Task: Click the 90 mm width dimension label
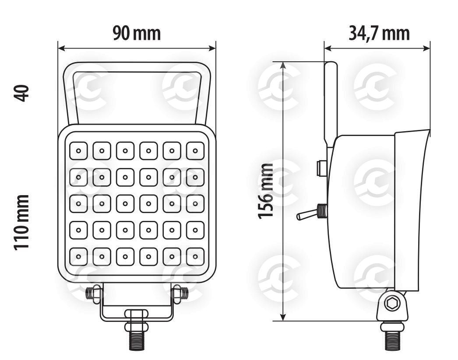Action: (x=137, y=33)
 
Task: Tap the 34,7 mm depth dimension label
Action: (x=379, y=33)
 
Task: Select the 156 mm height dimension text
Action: (x=266, y=191)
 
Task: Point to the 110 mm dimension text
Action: (x=21, y=222)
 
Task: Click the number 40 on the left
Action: (x=21, y=93)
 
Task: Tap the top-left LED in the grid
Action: (x=78, y=151)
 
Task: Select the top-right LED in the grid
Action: (x=195, y=151)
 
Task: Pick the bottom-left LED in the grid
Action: (x=78, y=257)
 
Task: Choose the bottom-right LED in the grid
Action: (x=195, y=257)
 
